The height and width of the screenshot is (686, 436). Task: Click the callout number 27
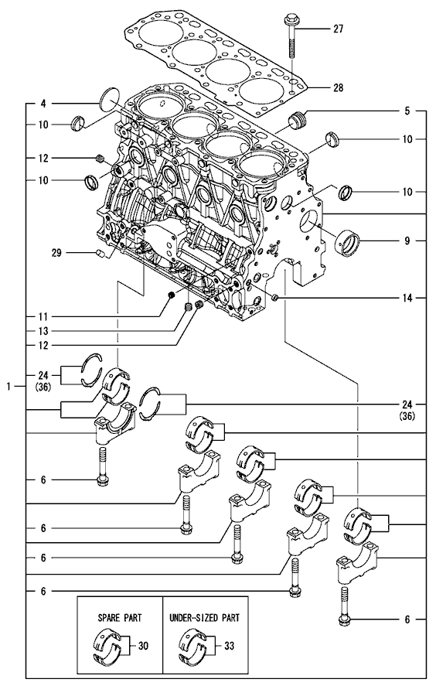pyautogui.click(x=338, y=29)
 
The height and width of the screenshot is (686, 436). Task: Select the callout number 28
pyautogui.click(x=338, y=88)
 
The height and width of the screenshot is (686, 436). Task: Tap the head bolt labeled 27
pyautogui.click(x=291, y=39)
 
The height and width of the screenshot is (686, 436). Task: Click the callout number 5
pyautogui.click(x=407, y=111)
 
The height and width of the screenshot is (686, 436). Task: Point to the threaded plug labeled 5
pyautogui.click(x=298, y=119)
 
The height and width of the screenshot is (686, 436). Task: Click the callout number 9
pyautogui.click(x=407, y=241)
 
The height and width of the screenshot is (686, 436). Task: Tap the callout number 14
pyautogui.click(x=407, y=299)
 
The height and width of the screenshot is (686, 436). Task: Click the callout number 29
pyautogui.click(x=56, y=253)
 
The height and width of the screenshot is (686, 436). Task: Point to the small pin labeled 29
pyautogui.click(x=100, y=253)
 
